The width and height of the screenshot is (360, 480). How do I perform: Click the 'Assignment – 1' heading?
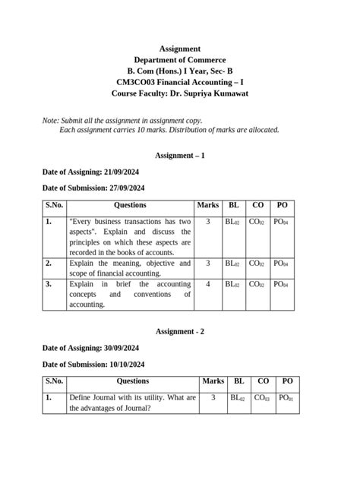click(x=180, y=155)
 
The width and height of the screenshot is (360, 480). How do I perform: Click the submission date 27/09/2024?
click(x=120, y=188)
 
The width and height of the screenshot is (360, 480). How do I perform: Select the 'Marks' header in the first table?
click(x=207, y=206)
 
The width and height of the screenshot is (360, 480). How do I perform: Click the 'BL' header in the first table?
click(x=233, y=206)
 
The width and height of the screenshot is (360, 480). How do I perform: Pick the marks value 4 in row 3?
click(x=207, y=284)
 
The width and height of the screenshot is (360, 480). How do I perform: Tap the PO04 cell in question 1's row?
click(x=281, y=223)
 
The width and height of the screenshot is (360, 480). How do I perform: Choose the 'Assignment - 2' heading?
click(x=180, y=332)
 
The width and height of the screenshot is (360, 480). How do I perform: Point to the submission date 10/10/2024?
click(x=120, y=364)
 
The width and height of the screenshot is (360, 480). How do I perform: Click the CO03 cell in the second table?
click(x=263, y=398)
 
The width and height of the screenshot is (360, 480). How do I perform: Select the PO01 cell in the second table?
click(x=286, y=398)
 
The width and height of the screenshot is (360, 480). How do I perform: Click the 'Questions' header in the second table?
click(x=133, y=381)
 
